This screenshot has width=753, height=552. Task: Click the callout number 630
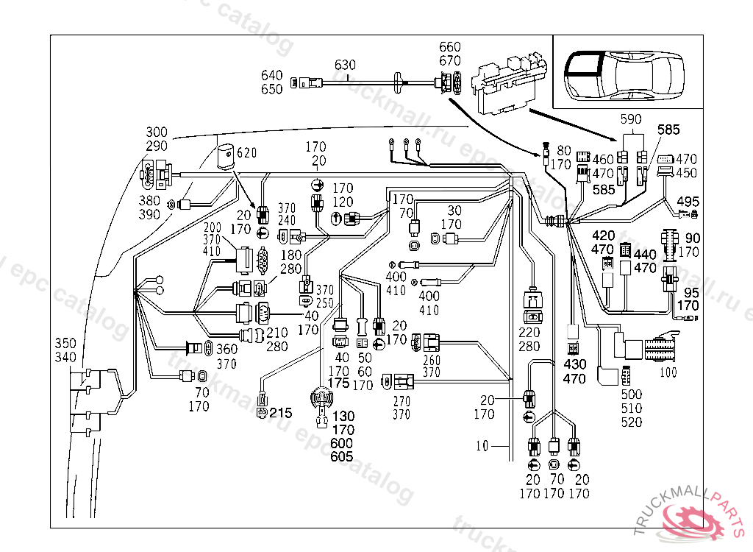pyautogui.click(x=345, y=65)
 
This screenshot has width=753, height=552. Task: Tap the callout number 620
pyautogui.click(x=247, y=154)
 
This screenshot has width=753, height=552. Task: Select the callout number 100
pyautogui.click(x=668, y=372)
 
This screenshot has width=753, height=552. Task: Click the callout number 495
pyautogui.click(x=688, y=202)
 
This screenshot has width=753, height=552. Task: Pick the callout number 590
pyautogui.click(x=631, y=119)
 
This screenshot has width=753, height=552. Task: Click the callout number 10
pyautogui.click(x=482, y=446)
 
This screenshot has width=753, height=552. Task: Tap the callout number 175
pyautogui.click(x=338, y=383)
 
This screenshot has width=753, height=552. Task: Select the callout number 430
pyautogui.click(x=575, y=364)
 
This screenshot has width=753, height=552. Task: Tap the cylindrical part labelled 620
pyautogui.click(x=227, y=157)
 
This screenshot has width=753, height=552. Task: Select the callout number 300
pyautogui.click(x=157, y=132)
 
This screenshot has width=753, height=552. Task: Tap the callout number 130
pyautogui.click(x=343, y=416)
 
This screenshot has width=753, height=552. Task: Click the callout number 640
pyautogui.click(x=271, y=75)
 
